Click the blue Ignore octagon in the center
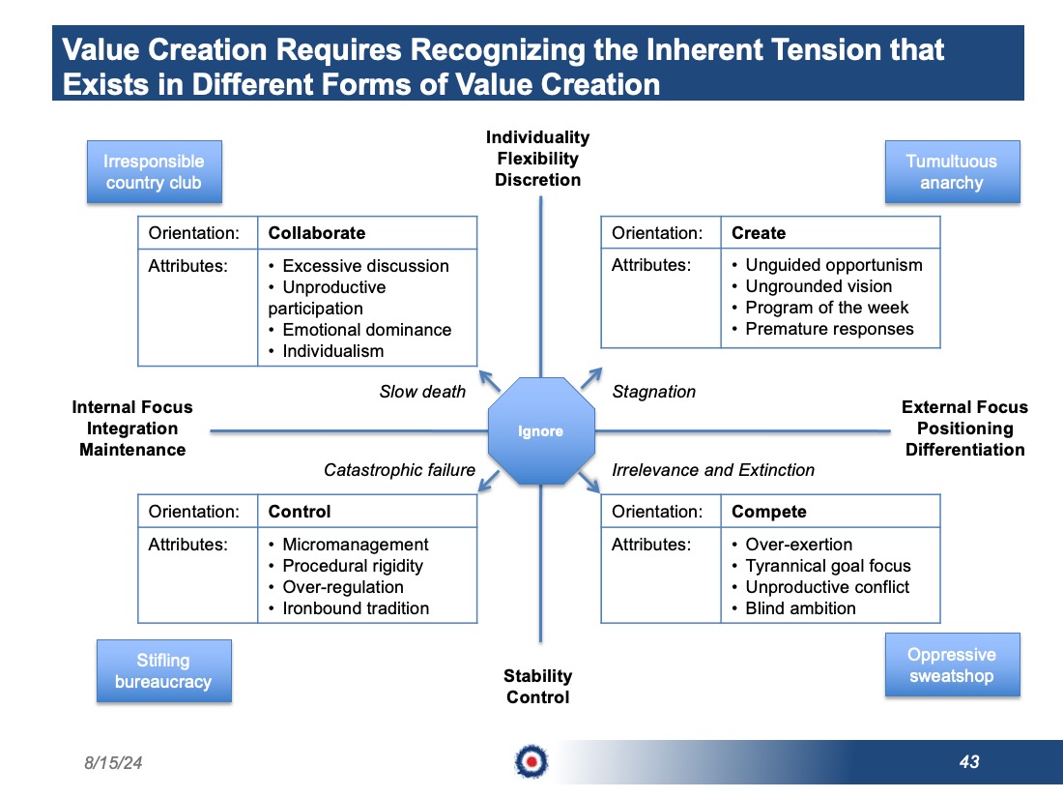click(541, 430)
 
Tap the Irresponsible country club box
click(154, 171)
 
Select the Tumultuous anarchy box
click(952, 171)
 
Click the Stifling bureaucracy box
click(164, 670)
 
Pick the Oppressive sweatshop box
click(952, 665)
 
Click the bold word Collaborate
click(317, 233)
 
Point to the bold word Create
click(759, 233)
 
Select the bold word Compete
click(769, 512)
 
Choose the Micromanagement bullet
click(349, 545)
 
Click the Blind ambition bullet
click(793, 608)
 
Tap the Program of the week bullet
click(820, 308)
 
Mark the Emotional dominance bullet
click(360, 330)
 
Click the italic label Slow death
click(422, 392)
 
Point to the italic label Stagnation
click(653, 392)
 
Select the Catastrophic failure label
click(399, 469)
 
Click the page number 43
click(969, 762)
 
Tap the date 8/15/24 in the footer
click(113, 763)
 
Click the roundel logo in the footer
click(531, 762)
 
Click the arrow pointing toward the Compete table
click(589, 482)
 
